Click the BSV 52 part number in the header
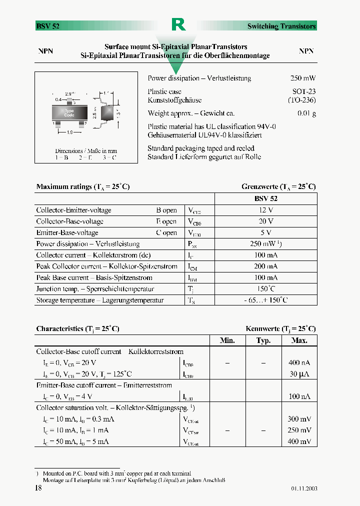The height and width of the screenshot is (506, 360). tap(48, 26)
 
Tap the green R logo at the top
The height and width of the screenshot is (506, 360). tap(178, 24)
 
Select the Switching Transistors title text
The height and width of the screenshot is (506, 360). tap(281, 26)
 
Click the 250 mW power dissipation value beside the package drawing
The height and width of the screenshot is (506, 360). tap(302, 78)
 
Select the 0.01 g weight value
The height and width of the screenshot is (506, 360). tap(306, 113)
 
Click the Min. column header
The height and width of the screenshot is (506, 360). tap(227, 340)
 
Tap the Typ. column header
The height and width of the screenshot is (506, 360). tap(263, 340)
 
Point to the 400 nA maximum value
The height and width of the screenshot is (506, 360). tap(299, 362)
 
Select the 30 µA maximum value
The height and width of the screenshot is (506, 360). tap(299, 374)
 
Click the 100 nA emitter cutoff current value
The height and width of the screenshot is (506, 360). tap(299, 396)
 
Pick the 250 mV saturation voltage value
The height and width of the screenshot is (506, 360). tap(299, 430)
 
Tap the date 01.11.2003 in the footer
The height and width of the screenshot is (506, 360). tap(304, 488)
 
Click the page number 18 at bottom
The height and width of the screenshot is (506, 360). tap(38, 488)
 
